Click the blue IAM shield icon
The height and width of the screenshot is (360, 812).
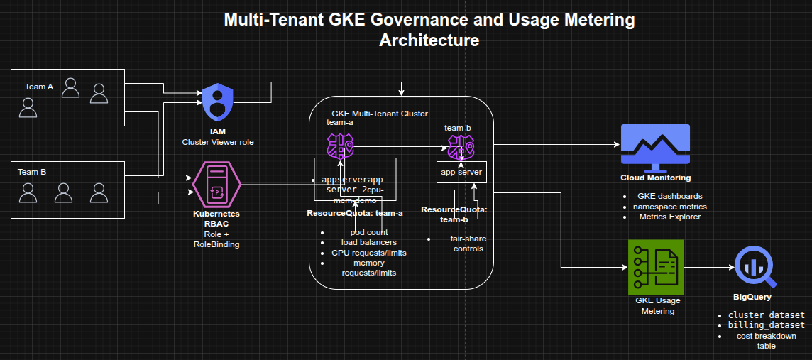pos(217,103)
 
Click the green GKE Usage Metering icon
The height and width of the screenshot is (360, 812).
pos(655,266)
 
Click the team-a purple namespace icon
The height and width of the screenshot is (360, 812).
pos(339,147)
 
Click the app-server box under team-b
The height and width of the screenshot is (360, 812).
pos(461,172)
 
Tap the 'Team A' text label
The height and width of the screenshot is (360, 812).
pos(39,87)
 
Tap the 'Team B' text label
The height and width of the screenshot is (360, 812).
pos(32,172)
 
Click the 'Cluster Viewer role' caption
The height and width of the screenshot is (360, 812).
pos(217,143)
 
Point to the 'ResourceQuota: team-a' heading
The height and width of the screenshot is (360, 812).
pos(354,213)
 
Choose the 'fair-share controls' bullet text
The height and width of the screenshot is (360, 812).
pos(468,244)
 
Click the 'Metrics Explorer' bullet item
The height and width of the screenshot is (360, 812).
pos(670,217)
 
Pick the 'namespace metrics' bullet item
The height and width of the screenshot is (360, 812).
pos(669,206)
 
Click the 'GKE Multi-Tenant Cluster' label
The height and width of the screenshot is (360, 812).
pos(379,114)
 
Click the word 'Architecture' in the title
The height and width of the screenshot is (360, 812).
pos(429,40)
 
